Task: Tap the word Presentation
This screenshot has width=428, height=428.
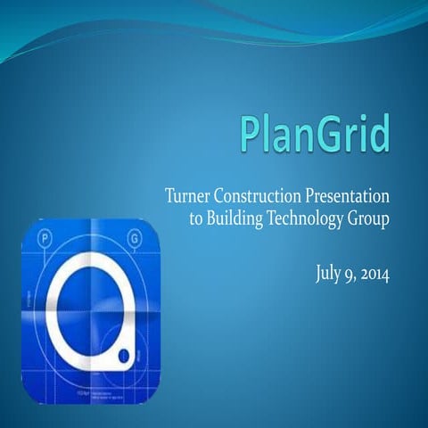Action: click(350, 196)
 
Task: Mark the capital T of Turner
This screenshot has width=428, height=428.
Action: click(170, 196)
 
